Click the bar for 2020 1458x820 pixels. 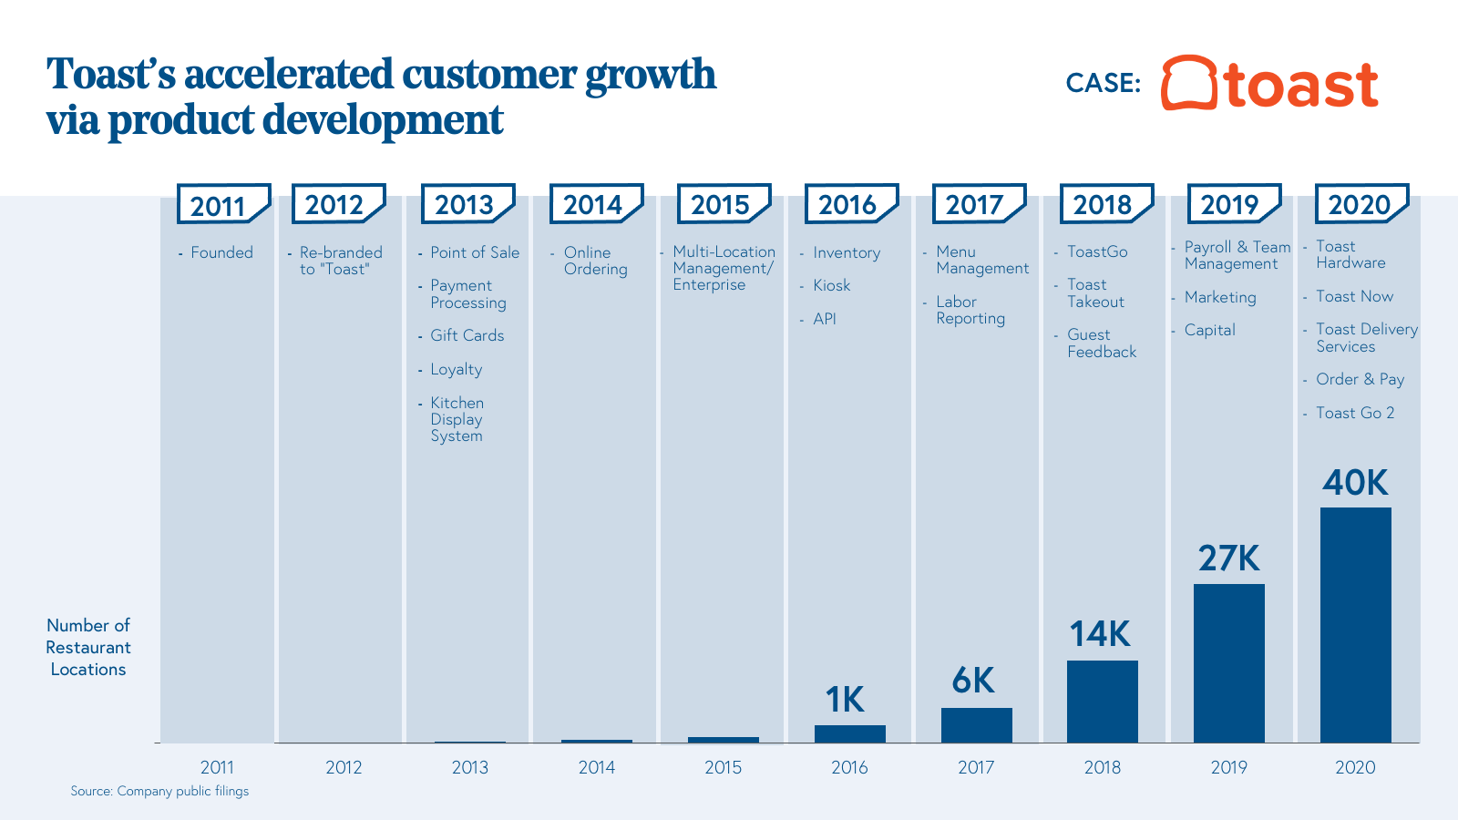pyautogui.click(x=1355, y=625)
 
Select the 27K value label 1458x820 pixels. pyautogui.click(x=1228, y=559)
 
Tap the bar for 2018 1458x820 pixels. pyautogui.click(x=1102, y=702)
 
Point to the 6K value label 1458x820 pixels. pyautogui.click(x=973, y=681)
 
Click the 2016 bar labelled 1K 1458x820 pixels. pyautogui.click(x=849, y=733)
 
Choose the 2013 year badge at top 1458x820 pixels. pyautogui.click(x=465, y=205)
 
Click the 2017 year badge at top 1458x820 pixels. pyautogui.click(x=975, y=205)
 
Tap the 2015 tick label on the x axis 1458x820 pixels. pyautogui.click(x=723, y=767)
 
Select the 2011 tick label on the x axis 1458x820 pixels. pyautogui.click(x=217, y=767)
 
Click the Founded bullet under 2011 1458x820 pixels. pyautogui.click(x=221, y=252)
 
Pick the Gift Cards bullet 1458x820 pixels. pyautogui.click(x=467, y=335)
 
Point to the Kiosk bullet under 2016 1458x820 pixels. pyautogui.click(x=831, y=285)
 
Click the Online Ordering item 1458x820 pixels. pyautogui.click(x=595, y=261)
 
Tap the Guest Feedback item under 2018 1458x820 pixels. pyautogui.click(x=1101, y=343)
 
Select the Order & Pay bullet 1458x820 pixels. pyautogui.click(x=1360, y=379)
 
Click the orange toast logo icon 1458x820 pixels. pyautogui.click(x=1189, y=83)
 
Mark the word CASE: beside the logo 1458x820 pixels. pyautogui.click(x=1103, y=83)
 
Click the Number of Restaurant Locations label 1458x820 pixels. pyautogui.click(x=88, y=647)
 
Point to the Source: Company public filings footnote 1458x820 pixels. pyautogui.click(x=159, y=791)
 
